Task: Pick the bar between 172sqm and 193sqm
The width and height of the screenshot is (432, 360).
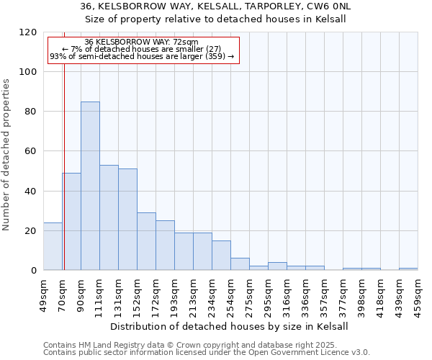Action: [165, 245]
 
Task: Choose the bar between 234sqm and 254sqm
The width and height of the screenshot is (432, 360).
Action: [221, 255]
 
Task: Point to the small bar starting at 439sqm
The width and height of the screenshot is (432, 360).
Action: [408, 269]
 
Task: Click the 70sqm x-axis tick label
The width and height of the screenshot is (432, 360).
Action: [62, 294]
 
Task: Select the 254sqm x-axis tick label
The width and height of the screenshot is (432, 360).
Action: [230, 294]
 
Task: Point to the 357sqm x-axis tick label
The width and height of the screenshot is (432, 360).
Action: [324, 294]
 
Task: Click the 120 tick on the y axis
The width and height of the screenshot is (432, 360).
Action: [29, 32]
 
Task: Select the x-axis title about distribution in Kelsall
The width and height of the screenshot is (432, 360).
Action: [230, 326]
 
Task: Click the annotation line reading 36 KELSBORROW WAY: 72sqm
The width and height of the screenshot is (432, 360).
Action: [141, 42]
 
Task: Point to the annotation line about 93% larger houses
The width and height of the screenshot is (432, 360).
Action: [142, 56]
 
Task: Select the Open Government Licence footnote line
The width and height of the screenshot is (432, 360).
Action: [207, 353]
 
